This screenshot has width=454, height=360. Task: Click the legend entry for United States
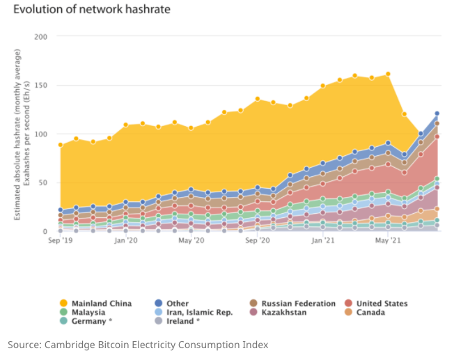coord(382,304)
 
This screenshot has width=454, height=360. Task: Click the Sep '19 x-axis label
coord(61,240)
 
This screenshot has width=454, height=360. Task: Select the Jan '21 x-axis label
coord(323,240)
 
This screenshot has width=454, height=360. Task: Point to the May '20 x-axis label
coord(191,240)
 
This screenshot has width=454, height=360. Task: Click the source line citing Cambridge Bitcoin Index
coord(137,345)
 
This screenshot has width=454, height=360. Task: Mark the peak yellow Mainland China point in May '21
coord(388,74)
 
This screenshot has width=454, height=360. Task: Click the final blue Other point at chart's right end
coord(437,113)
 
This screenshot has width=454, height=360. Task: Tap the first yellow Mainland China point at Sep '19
coord(61,145)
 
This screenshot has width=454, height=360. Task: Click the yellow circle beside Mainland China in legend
coord(63,304)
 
